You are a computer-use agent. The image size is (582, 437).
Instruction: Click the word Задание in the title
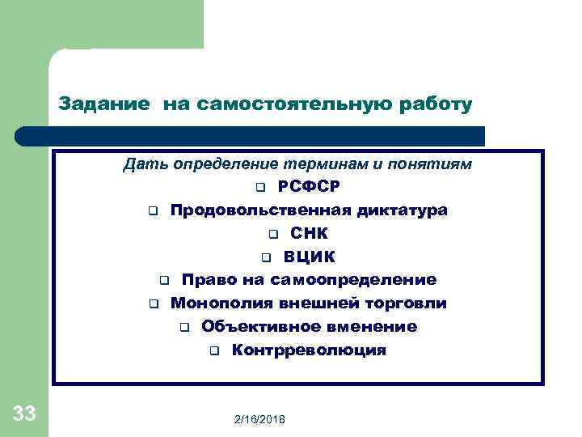point(103,104)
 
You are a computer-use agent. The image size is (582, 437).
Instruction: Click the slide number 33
point(24,415)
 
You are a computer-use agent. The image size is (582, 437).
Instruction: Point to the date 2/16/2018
point(264,420)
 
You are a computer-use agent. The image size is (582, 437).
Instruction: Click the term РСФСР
point(309,187)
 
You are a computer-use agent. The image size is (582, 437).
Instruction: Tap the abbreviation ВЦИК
point(309,257)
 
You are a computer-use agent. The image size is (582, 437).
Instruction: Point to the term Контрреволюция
point(309,350)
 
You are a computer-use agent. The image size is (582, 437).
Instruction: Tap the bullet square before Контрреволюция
point(214,351)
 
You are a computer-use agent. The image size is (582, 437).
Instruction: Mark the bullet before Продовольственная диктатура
point(152,211)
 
